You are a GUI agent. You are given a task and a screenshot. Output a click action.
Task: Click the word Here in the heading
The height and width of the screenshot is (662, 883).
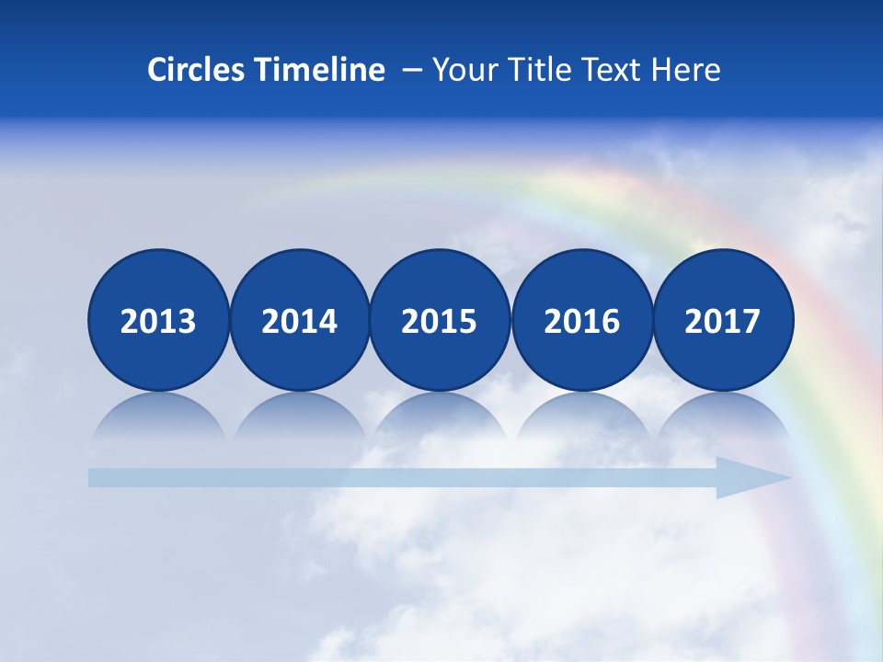pyautogui.click(x=686, y=70)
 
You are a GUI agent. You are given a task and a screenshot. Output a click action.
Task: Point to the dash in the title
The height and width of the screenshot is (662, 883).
pyautogui.click(x=412, y=71)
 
